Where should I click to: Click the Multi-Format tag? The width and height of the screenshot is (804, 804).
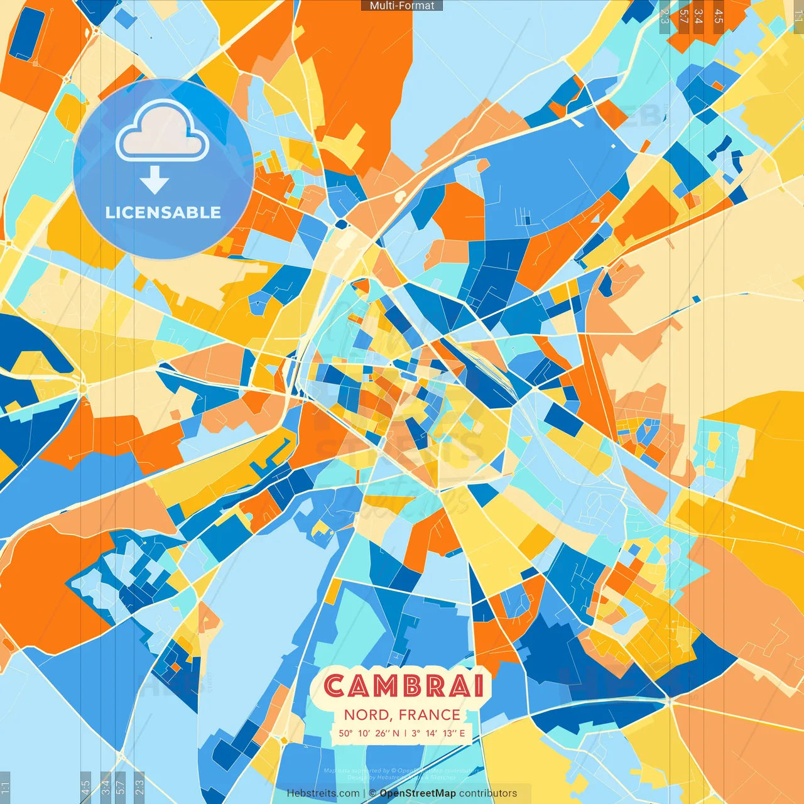pyautogui.click(x=402, y=6)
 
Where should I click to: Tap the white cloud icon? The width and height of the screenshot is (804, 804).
pyautogui.click(x=163, y=131)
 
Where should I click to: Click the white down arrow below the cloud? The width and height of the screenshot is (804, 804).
pyautogui.click(x=155, y=180)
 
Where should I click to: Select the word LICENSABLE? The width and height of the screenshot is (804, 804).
pyautogui.click(x=163, y=213)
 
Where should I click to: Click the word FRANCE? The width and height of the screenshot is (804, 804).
pyautogui.click(x=430, y=715)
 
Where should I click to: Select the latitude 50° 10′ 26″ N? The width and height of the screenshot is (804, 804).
pyautogui.click(x=369, y=733)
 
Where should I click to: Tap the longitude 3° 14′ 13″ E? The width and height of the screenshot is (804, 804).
pyautogui.click(x=438, y=733)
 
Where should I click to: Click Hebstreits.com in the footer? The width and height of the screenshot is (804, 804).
pyautogui.click(x=323, y=793)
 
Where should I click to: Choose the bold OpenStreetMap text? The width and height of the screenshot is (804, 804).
pyautogui.click(x=418, y=793)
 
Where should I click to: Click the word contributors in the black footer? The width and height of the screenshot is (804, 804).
pyautogui.click(x=488, y=793)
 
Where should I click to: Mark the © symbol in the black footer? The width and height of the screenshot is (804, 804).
pyautogui.click(x=372, y=793)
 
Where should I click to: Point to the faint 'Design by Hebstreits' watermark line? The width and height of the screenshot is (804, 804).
pyautogui.click(x=402, y=778)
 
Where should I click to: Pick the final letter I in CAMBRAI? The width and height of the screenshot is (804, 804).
pyautogui.click(x=479, y=686)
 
